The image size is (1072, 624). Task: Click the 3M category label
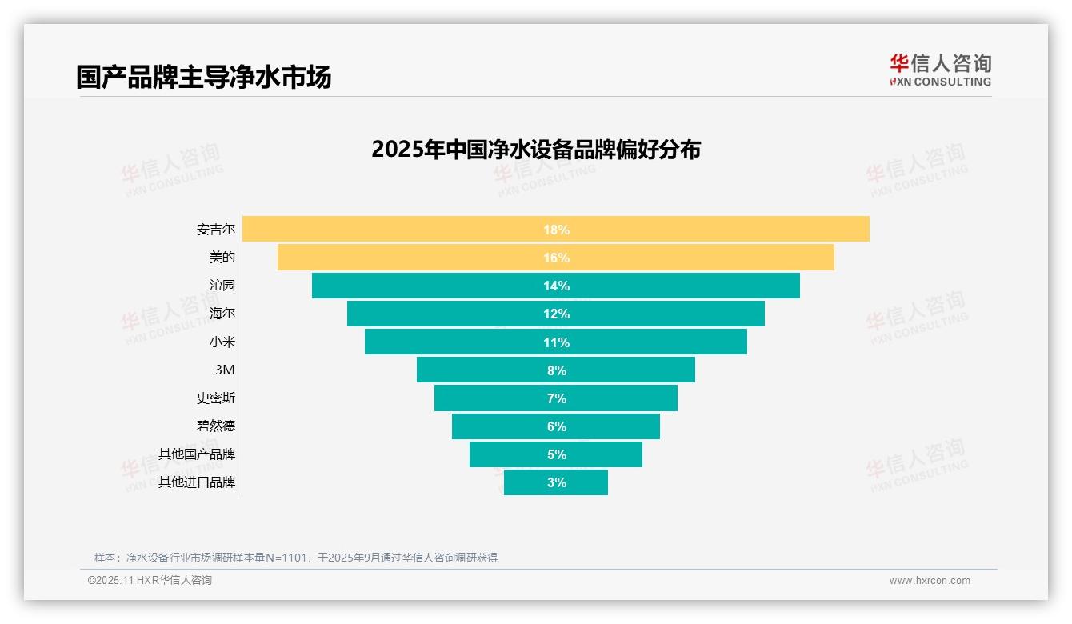[x=225, y=370]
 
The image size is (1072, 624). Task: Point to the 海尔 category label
[x=222, y=314]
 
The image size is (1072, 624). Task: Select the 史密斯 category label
[x=216, y=398]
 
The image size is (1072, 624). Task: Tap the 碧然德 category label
[x=216, y=426]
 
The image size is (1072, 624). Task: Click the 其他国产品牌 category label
[x=197, y=454]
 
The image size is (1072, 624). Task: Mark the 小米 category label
[x=222, y=342]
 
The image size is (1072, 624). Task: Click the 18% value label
[x=556, y=230]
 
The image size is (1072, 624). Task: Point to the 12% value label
[x=556, y=314]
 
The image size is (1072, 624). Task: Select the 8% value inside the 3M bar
[x=556, y=370]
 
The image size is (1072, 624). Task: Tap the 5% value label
[x=556, y=454]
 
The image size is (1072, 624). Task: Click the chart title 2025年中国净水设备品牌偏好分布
[x=536, y=150]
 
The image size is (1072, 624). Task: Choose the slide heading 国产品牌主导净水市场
[x=204, y=77]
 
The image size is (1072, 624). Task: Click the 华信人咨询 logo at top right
[x=940, y=70]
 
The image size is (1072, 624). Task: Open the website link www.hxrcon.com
[x=930, y=581]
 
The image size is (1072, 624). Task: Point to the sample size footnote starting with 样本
[x=296, y=558]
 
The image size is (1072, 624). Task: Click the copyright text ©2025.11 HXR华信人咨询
[x=150, y=581]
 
